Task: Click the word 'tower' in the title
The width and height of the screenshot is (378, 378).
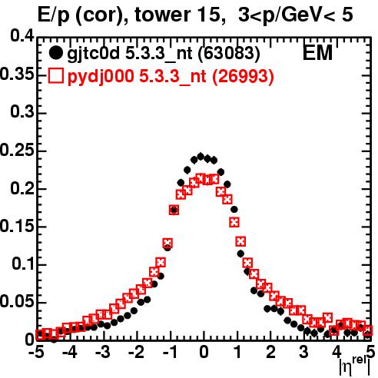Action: pos(160,15)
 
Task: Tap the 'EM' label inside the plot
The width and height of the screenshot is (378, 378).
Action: pos(317,53)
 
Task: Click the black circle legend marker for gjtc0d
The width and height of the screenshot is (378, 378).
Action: pos(55,53)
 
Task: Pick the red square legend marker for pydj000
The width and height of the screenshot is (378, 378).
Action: pos(55,75)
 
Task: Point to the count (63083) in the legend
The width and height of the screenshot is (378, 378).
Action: pos(229,54)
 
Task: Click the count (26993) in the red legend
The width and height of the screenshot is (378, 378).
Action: pos(243,76)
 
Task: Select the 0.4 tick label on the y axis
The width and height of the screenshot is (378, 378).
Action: pos(22,36)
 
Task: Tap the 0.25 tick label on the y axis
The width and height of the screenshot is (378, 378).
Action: pos(17,150)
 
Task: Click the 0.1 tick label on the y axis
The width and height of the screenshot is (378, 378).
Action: pos(23,264)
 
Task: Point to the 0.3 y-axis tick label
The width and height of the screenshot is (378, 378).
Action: pos(22,112)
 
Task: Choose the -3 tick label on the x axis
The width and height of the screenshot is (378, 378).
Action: pos(103,352)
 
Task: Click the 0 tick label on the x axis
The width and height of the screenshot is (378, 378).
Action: pos(204,352)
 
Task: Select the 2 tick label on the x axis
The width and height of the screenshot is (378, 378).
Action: pos(270,352)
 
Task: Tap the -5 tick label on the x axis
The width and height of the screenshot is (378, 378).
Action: pos(36,352)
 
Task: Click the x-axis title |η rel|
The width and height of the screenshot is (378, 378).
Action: pos(355,366)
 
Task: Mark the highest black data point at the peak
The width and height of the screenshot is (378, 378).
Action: pos(201,156)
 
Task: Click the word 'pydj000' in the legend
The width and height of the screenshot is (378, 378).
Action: pos(101,77)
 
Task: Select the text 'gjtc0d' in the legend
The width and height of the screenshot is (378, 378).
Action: pos(93,54)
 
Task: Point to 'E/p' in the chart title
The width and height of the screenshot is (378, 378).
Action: pos(54,15)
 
